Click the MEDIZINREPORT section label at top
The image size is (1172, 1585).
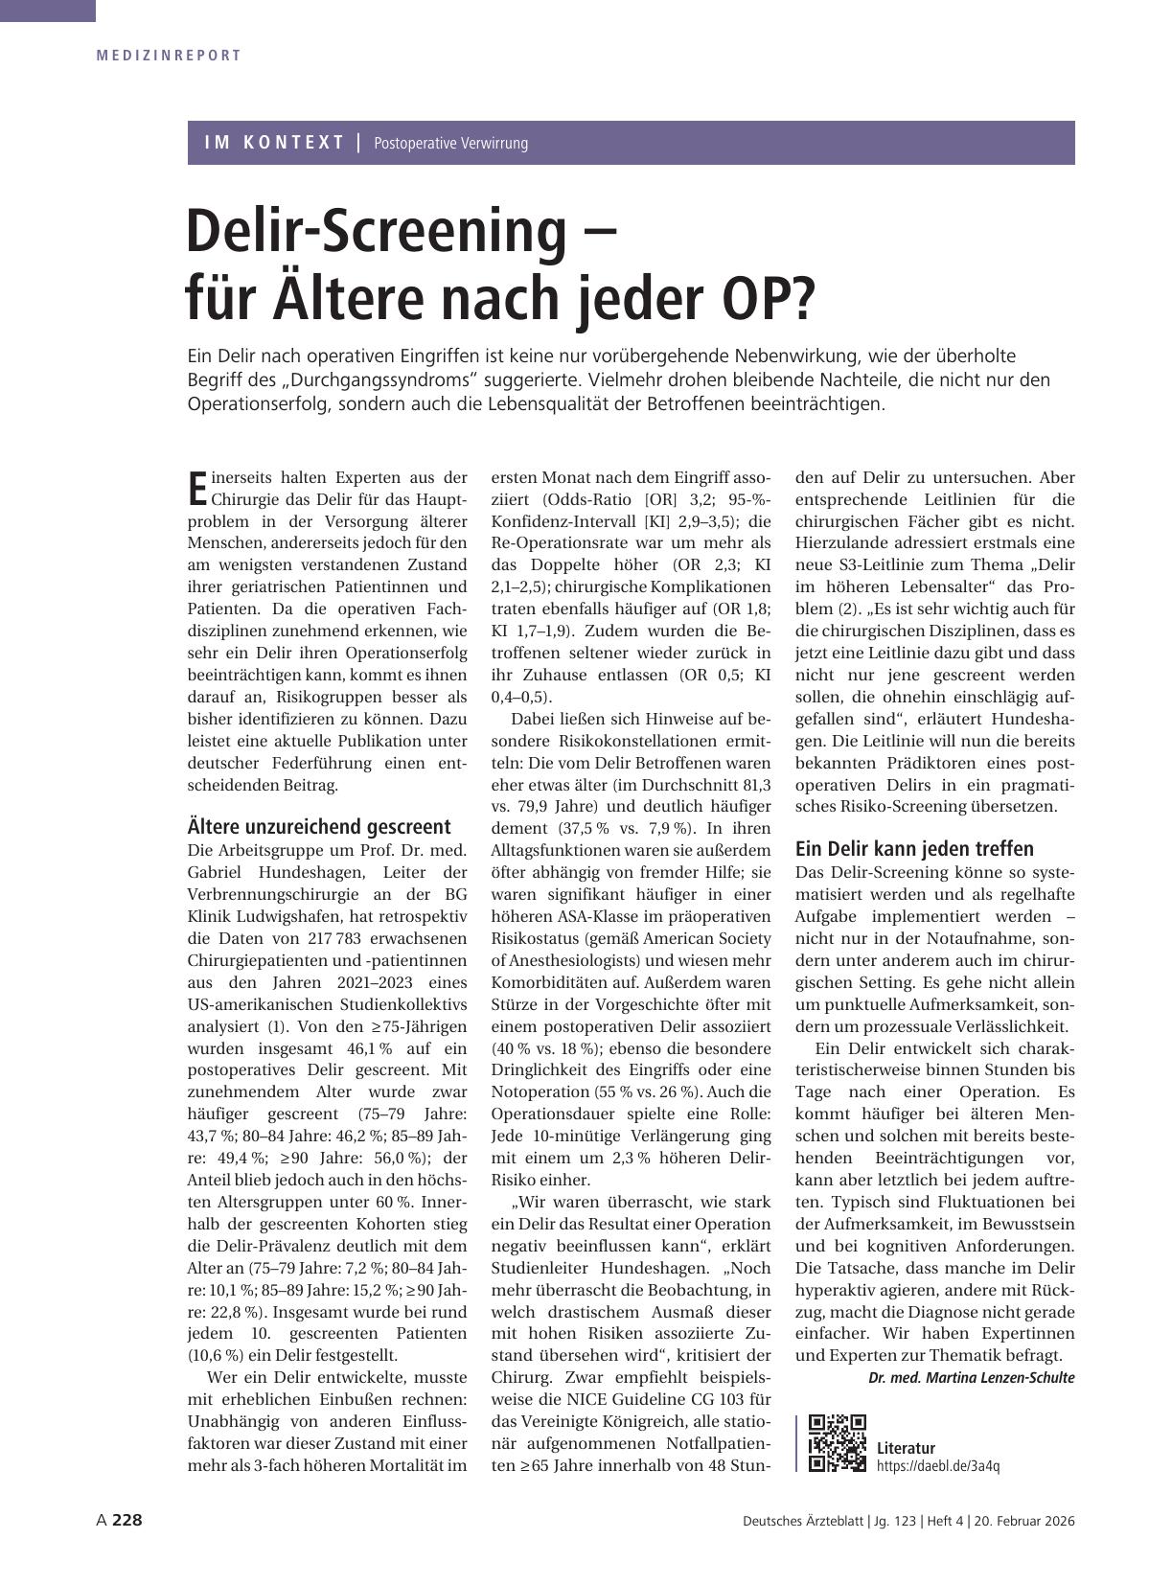click(x=169, y=56)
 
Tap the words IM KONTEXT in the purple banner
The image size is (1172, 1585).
click(x=274, y=143)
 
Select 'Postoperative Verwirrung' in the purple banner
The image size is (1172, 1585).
click(x=450, y=144)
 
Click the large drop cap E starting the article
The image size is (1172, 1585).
click(x=197, y=488)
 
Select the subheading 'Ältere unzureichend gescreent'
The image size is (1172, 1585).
click(x=318, y=826)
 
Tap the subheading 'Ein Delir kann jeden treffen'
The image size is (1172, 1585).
click(x=914, y=848)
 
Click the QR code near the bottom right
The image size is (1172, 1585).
click(x=837, y=1442)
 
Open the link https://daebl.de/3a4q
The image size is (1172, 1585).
click(x=937, y=1466)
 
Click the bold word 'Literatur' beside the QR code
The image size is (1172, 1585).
click(x=906, y=1448)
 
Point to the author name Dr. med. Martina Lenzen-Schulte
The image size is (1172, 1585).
click(x=971, y=1377)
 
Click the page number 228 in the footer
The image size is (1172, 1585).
click(x=127, y=1521)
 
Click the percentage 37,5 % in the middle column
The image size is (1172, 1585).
click(x=583, y=828)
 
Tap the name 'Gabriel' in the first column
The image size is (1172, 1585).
click(x=216, y=872)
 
